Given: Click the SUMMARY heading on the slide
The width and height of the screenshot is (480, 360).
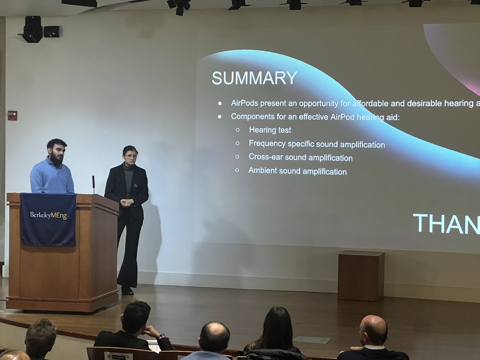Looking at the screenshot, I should (254, 78).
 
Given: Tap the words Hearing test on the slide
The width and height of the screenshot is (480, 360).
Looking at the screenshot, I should (270, 130).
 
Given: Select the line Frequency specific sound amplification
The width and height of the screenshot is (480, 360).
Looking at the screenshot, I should (317, 144).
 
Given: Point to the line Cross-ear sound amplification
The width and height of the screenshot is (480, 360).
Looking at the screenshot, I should (300, 158).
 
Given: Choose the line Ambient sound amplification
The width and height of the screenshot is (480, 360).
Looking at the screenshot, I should (297, 172).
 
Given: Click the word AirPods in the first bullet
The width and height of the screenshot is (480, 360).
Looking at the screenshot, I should (244, 103).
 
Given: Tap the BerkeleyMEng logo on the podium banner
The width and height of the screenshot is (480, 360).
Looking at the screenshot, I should (48, 216).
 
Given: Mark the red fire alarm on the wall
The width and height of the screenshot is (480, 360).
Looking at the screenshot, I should (12, 115).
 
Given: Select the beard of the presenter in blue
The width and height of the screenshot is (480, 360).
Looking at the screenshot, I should (57, 159).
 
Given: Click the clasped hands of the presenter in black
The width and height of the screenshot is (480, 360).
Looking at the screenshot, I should (126, 202).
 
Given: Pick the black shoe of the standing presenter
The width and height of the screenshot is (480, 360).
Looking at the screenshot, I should (127, 290).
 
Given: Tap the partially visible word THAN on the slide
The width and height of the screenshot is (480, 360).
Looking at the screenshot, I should (446, 224).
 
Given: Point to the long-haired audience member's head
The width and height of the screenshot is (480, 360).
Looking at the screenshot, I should (277, 326).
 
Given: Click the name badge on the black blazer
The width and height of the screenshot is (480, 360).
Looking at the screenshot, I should (136, 185).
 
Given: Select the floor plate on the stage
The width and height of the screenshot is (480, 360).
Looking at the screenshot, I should (312, 340).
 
